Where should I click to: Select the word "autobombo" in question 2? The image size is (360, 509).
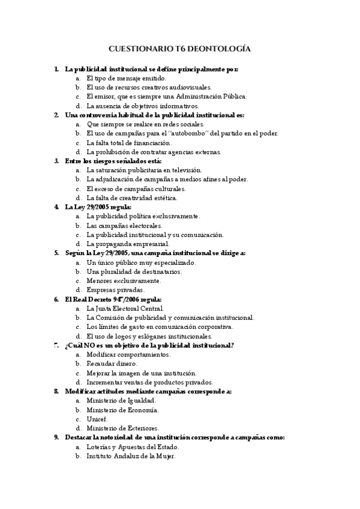click(x=191, y=133)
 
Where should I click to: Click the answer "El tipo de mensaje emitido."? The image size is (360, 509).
click(x=126, y=78)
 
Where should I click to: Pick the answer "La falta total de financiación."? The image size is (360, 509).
click(x=129, y=143)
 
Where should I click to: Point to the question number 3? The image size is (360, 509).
click(x=56, y=161)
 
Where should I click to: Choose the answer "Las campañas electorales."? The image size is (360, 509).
click(x=124, y=226)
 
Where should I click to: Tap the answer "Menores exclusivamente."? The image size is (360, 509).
click(x=124, y=280)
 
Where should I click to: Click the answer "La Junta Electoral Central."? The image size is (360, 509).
click(x=125, y=309)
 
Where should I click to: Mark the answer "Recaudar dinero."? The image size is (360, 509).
click(x=112, y=364)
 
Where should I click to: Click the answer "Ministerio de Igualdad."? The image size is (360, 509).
click(x=121, y=400)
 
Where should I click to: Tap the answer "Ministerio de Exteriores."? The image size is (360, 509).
click(x=122, y=428)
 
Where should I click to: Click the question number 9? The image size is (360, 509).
click(x=56, y=438)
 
